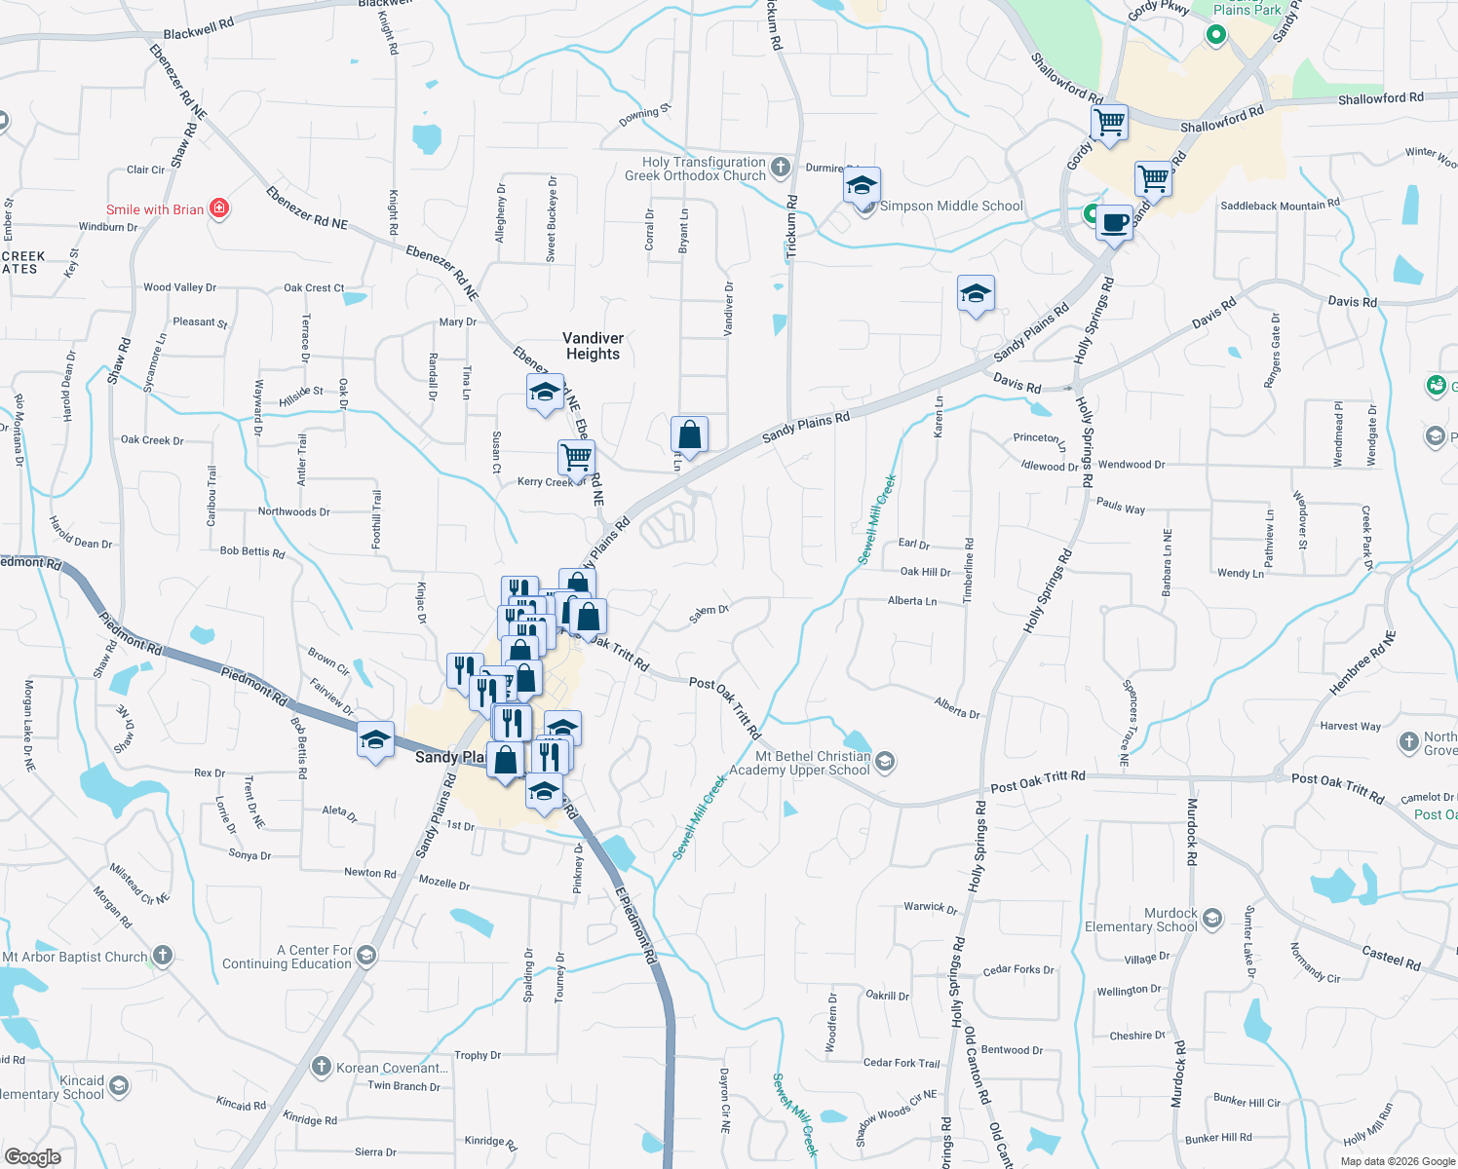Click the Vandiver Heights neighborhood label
pos(593,346)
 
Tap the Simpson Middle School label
pos(951,207)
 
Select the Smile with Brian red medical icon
pos(219,208)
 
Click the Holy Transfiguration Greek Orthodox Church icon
pos(780,168)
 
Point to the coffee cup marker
pos(1114,222)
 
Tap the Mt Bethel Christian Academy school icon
pos(885,762)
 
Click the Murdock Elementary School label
pos(1141,921)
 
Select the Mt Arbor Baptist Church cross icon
pos(163,956)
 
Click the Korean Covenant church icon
pos(321,1067)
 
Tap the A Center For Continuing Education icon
pos(365,956)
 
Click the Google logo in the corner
pos(33,1156)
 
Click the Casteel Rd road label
pos(1390,959)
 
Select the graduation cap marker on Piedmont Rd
pos(375,740)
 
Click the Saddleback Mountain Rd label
pos(1280,206)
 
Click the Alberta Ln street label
pos(911,601)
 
